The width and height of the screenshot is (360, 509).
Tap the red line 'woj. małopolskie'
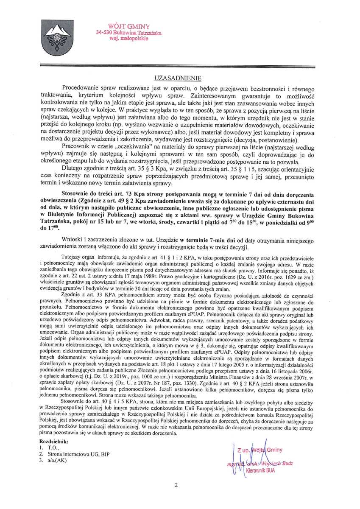[x=128, y=38]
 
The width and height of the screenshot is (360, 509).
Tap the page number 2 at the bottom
[x=176, y=485]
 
